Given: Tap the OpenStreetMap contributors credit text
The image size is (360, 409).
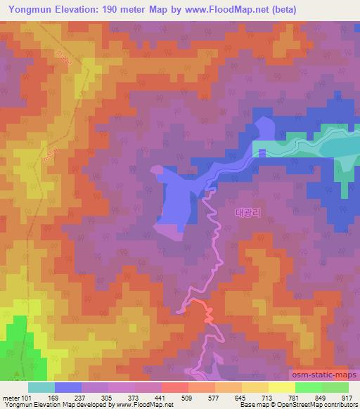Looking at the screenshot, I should pyautogui.click(x=323, y=405).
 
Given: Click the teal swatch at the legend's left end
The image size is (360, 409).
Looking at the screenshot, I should pyautogui.click(x=41, y=387).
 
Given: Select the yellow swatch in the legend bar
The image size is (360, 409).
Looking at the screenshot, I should pyautogui.click(x=281, y=387).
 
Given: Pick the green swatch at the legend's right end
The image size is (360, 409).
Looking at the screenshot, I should pyautogui.click(x=335, y=387).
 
